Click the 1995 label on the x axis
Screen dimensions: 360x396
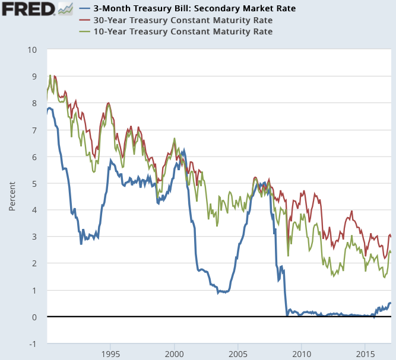pos(110,354)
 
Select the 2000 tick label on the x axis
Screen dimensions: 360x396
pos(175,354)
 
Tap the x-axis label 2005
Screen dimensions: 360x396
pos(238,354)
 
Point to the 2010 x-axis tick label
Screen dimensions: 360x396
pos(302,354)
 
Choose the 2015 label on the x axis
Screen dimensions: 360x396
pos(365,354)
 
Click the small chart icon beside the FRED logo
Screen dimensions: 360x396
pos(65,8)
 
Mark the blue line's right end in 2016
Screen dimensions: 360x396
pos(390,303)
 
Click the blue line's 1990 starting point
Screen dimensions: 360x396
pos(47,112)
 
